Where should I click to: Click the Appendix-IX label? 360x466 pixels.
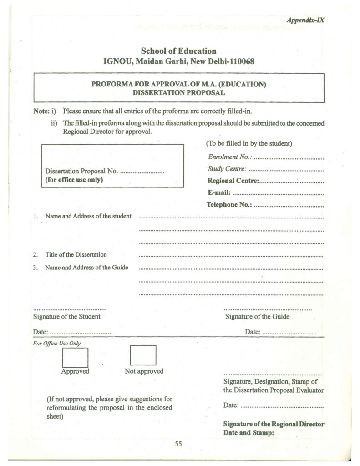(305, 20)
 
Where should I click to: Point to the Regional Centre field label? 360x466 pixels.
(233, 181)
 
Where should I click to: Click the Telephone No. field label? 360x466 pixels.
(229, 204)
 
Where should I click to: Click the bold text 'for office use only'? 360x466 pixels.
(74, 180)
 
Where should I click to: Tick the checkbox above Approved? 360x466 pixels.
(75, 356)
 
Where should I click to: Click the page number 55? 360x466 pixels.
(178, 445)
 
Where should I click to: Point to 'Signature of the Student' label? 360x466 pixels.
(67, 316)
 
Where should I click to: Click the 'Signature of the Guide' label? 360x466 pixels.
(257, 316)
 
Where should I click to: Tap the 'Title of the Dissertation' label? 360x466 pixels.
(76, 255)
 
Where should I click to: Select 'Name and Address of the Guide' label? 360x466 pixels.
(86, 268)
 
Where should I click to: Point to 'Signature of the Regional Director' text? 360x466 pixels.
(274, 425)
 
